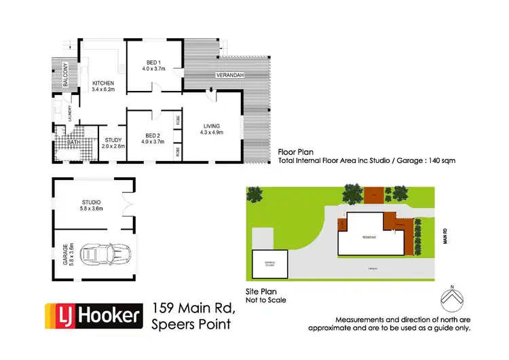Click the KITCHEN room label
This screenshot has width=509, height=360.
[103, 84]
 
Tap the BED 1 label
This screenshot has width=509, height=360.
[153, 61]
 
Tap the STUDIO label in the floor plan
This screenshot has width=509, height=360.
[91, 202]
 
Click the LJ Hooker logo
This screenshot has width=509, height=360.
[94, 315]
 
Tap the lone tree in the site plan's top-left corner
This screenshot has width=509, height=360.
[254, 196]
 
